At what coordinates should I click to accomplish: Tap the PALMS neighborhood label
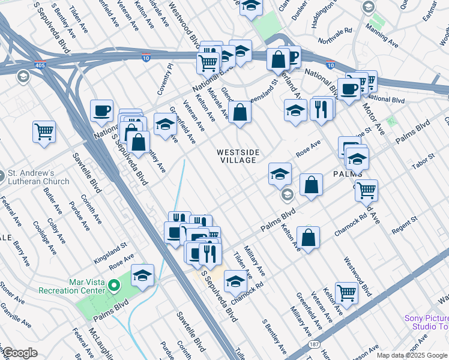(x=346, y=174)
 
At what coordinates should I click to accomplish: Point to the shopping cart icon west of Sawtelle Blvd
(x=44, y=131)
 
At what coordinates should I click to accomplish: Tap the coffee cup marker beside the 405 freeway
(x=101, y=111)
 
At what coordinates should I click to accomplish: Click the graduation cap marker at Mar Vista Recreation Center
(x=142, y=275)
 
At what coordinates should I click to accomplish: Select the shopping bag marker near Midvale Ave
(x=240, y=112)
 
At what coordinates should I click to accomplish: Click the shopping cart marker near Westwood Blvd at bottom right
(x=346, y=293)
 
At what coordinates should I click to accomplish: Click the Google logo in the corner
(x=20, y=353)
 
